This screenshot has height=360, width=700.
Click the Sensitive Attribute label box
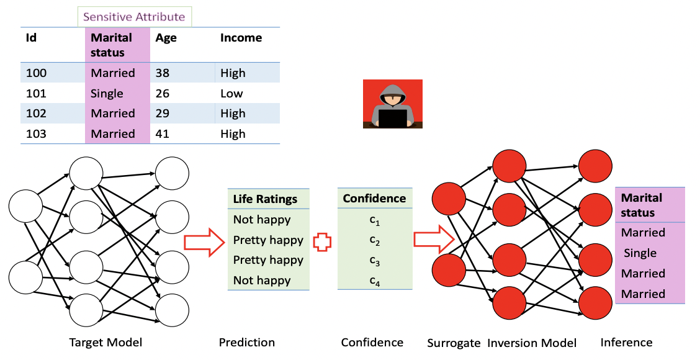point(135,17)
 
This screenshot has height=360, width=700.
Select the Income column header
point(241,38)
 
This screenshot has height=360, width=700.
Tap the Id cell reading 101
point(36,93)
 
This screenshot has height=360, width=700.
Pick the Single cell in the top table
point(107,94)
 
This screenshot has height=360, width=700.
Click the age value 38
point(163,73)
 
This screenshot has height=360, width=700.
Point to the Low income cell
point(231,94)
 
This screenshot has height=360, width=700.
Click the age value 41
point(163,134)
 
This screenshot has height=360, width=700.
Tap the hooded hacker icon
point(393,104)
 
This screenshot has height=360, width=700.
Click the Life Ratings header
point(265,199)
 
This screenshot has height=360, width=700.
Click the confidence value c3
point(375,261)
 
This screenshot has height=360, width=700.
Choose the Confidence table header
point(375,199)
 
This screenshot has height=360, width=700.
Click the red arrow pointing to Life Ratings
point(204,242)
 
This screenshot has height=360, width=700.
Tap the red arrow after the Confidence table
point(434,239)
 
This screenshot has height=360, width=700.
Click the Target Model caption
point(105,343)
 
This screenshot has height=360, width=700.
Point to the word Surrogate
point(454,343)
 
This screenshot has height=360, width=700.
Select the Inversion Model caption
point(532,343)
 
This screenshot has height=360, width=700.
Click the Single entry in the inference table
point(640,253)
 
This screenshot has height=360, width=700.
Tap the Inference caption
point(626,343)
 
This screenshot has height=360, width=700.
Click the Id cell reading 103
point(36,134)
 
